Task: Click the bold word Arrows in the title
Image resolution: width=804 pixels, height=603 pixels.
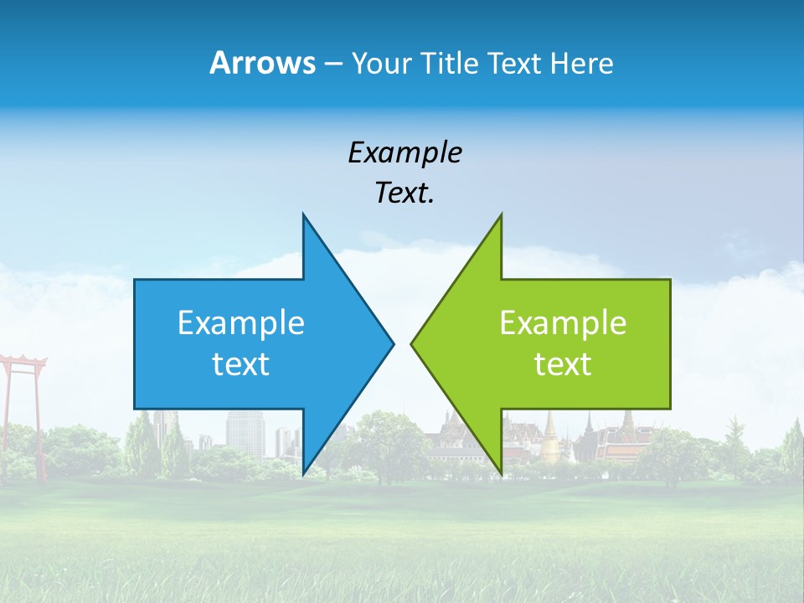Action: (x=261, y=63)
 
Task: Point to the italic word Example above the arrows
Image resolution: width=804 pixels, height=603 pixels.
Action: (x=405, y=152)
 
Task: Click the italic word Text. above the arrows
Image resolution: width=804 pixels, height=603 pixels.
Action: (x=405, y=193)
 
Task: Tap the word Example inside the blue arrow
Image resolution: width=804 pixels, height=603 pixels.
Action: (x=241, y=322)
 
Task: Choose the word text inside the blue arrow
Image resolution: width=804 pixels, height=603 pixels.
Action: (x=241, y=364)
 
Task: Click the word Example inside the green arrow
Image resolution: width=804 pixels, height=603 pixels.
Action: (x=563, y=322)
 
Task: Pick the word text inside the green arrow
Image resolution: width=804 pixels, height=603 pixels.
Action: (x=563, y=364)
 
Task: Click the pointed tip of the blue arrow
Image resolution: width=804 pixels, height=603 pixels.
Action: (x=393, y=343)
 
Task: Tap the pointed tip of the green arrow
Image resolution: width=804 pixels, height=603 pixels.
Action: (x=412, y=343)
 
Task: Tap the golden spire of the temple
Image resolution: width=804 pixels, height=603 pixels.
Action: (x=550, y=435)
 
